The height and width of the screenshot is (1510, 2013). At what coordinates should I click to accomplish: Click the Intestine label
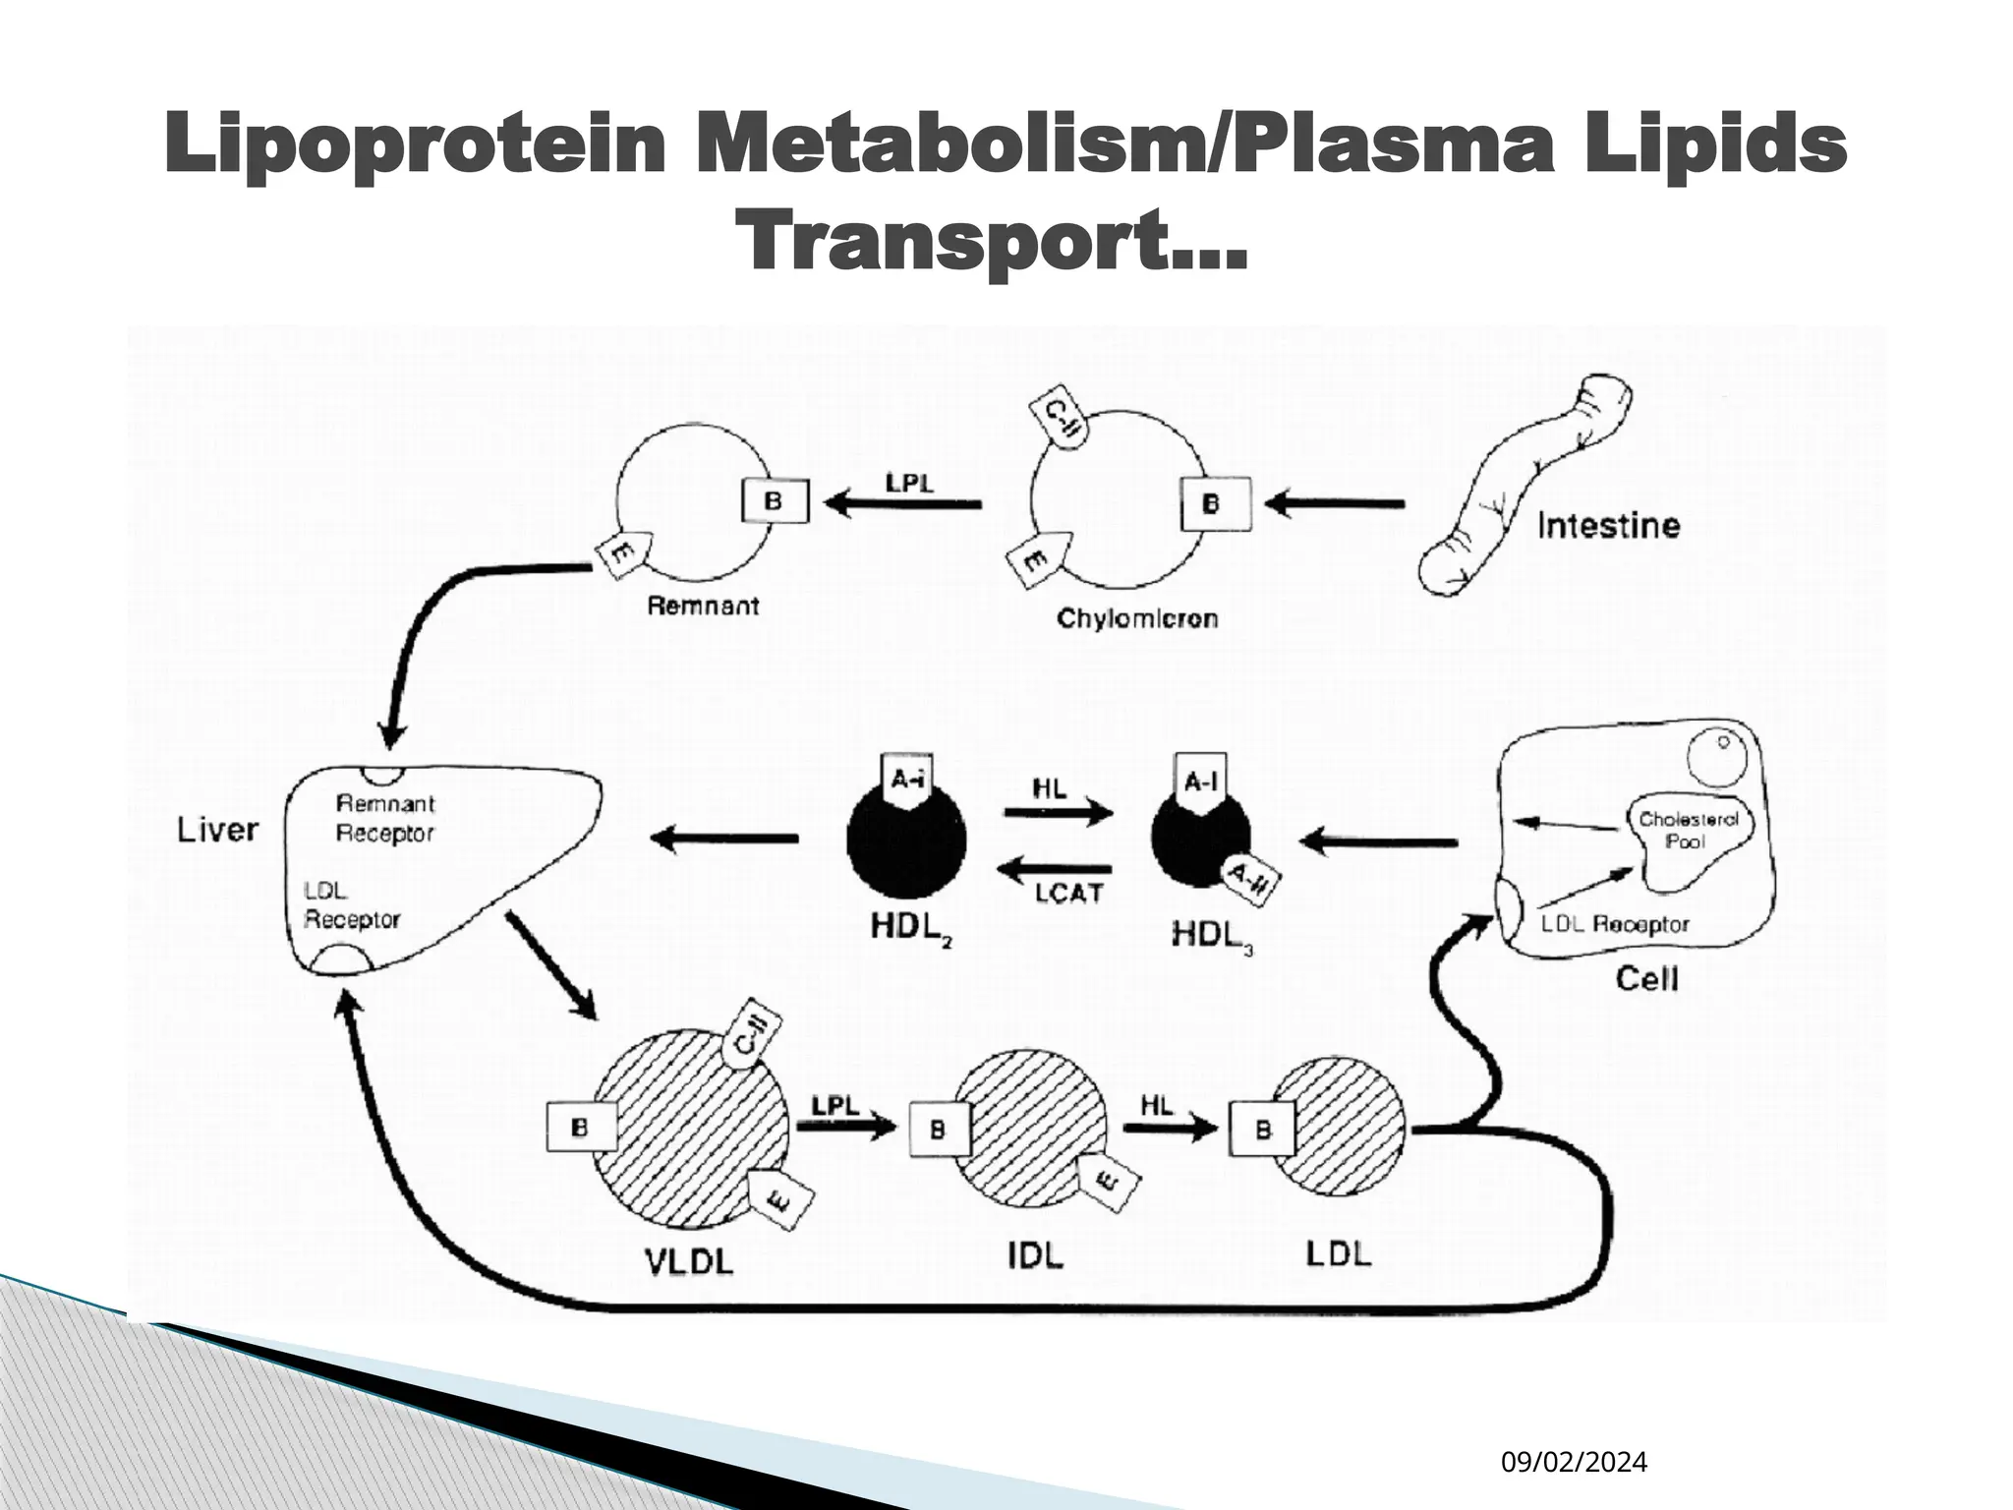click(x=1608, y=526)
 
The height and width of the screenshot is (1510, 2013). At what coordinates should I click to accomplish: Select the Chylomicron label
click(x=1137, y=618)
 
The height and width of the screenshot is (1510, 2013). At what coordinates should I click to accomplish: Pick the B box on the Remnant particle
click(x=775, y=501)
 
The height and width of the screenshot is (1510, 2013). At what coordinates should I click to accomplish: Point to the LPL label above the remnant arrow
click(x=909, y=484)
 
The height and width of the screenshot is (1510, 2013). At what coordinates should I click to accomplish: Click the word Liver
click(x=217, y=830)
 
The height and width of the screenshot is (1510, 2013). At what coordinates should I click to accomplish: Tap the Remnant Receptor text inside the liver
click(x=384, y=818)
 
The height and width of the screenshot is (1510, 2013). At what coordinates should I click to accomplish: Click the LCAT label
click(x=1068, y=894)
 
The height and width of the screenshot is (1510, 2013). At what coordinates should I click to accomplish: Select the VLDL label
click(x=689, y=1260)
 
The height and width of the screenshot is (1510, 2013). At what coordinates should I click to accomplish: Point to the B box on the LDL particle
click(x=1263, y=1130)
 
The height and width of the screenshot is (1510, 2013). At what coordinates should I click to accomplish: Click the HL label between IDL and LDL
click(x=1157, y=1105)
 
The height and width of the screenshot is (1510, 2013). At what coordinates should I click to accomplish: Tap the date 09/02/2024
click(x=1574, y=1463)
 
